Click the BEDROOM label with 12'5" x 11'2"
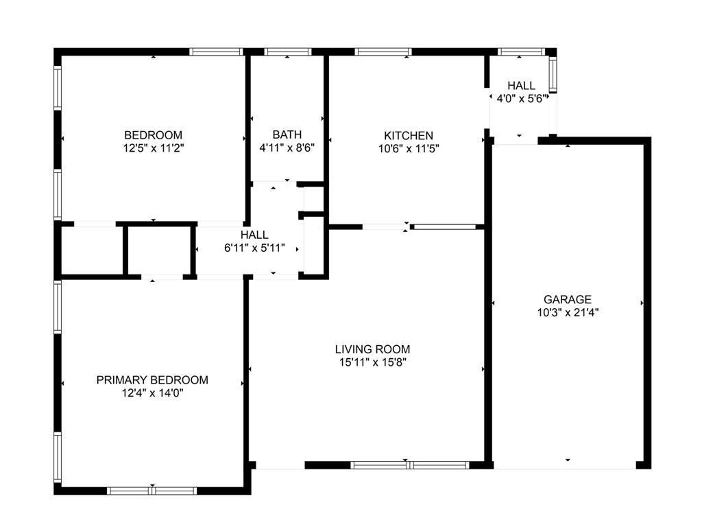pyautogui.click(x=153, y=134)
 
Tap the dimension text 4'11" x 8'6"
pyautogui.click(x=287, y=147)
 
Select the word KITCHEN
pyautogui.click(x=408, y=135)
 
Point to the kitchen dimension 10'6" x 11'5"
pyautogui.click(x=408, y=148)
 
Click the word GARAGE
pyautogui.click(x=567, y=299)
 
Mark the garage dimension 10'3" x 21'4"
pyautogui.click(x=567, y=312)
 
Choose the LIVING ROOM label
pyautogui.click(x=372, y=349)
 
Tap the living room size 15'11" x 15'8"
pyautogui.click(x=372, y=362)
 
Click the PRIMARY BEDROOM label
pyautogui.click(x=152, y=379)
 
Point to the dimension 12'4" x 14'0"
pyautogui.click(x=152, y=393)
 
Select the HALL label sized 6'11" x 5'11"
pyautogui.click(x=254, y=235)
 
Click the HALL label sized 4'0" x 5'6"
pyautogui.click(x=521, y=85)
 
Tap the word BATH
pyautogui.click(x=287, y=134)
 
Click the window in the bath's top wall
pyautogui.click(x=287, y=51)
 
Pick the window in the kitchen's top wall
pyautogui.click(x=383, y=51)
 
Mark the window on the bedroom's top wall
pyautogui.click(x=217, y=51)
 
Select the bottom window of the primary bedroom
pyautogui.click(x=152, y=491)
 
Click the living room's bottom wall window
pyautogui.click(x=409, y=465)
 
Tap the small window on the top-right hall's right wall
pyautogui.click(x=553, y=74)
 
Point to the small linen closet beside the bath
pyautogui.click(x=313, y=200)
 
